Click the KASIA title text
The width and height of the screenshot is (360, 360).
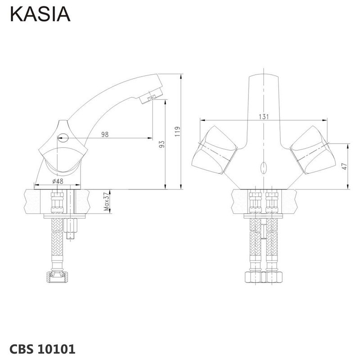click(x=40, y=14)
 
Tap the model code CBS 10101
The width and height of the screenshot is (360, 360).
click(x=42, y=349)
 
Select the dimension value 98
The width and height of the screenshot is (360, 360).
click(x=105, y=134)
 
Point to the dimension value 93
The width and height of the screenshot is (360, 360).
click(x=162, y=144)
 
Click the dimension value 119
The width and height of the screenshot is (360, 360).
click(x=177, y=131)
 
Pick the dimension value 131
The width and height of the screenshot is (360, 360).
click(x=264, y=117)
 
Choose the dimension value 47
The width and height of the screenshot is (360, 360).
click(x=345, y=166)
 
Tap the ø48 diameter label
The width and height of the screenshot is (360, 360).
click(x=58, y=181)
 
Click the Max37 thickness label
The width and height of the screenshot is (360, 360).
click(x=106, y=201)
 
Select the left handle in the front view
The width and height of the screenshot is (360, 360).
click(x=215, y=150)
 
